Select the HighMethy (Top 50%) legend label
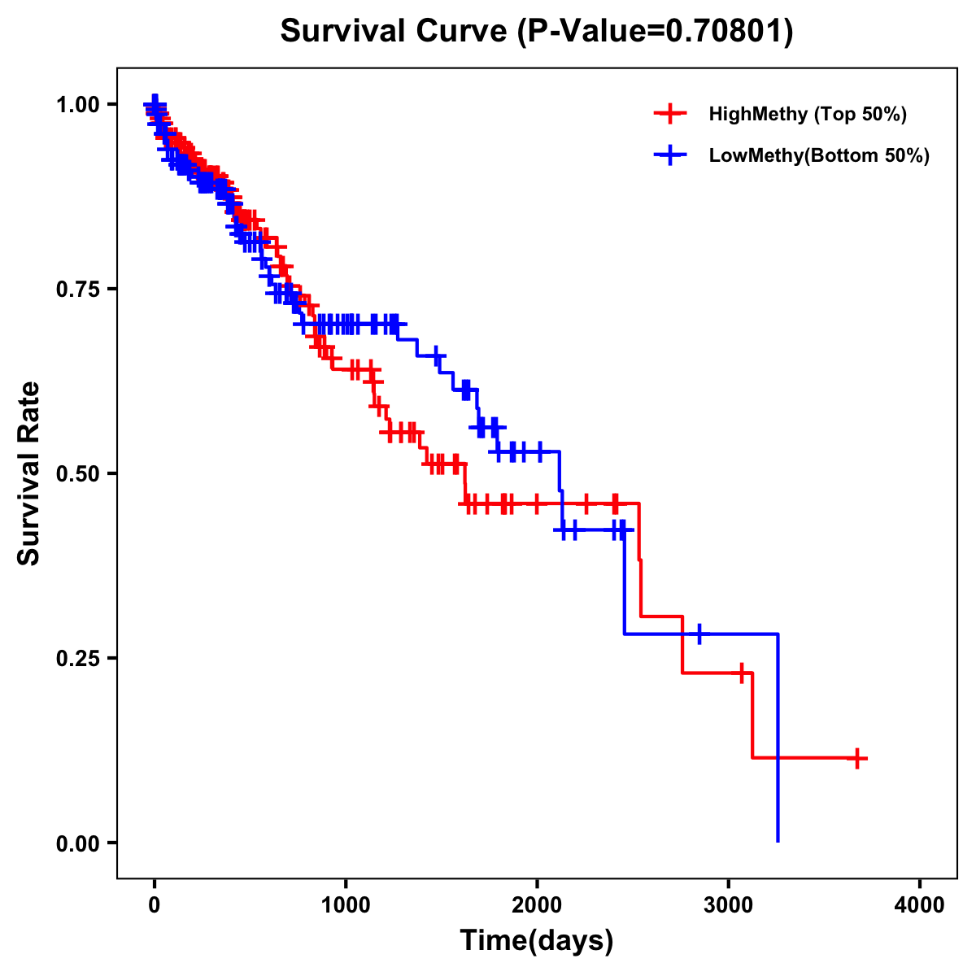pos(808,114)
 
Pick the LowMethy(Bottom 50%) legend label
pos(819,156)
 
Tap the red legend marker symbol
pos(669,114)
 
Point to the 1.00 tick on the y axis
pos(80,105)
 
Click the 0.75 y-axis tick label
pos(80,290)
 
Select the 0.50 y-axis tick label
pos(80,474)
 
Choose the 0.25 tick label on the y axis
pos(80,659)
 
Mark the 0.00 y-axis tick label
pos(80,843)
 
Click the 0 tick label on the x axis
pos(155,905)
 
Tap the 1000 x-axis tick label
pos(346,905)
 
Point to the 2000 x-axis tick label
pos(537,905)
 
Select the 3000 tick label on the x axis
pos(729,905)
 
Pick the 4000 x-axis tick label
pos(920,905)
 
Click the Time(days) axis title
pos(537,941)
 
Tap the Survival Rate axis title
pos(29,473)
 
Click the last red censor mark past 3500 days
pos(856,758)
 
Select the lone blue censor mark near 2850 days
pos(698,634)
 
